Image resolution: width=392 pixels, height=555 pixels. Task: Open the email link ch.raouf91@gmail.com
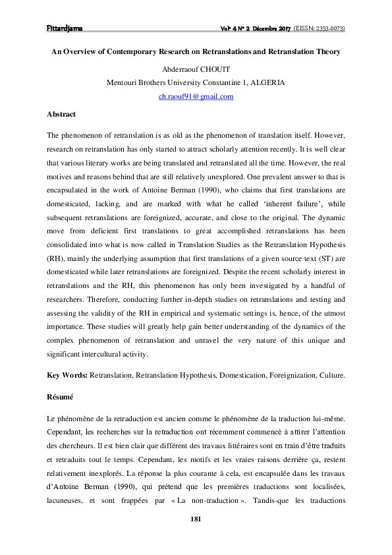tap(196, 96)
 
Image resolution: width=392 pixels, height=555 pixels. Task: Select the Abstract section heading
tap(61, 114)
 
